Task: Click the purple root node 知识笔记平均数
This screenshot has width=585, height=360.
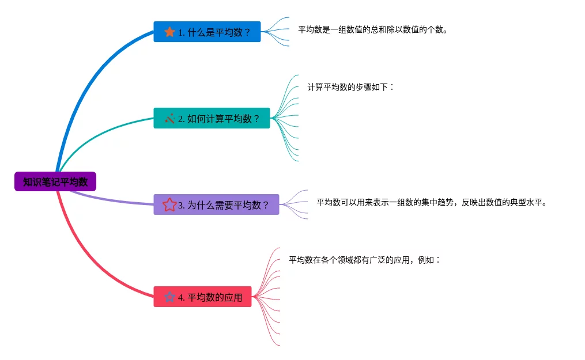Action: [55, 182]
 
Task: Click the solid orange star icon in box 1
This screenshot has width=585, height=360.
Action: [169, 32]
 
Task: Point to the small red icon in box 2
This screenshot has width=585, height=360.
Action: [169, 119]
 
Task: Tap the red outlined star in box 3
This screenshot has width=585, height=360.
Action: [169, 204]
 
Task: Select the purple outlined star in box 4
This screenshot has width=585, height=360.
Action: [169, 297]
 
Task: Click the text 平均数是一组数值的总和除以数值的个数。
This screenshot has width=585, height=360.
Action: [372, 29]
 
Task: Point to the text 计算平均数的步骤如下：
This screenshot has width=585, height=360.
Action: [350, 87]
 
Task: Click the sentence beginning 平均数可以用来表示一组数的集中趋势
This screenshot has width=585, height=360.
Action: [431, 202]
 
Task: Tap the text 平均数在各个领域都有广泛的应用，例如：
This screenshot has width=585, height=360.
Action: [364, 260]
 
